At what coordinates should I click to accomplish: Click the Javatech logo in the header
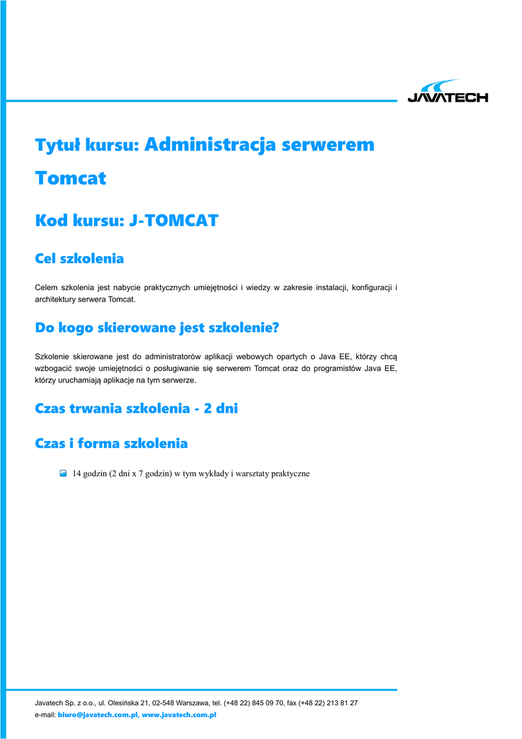click(x=447, y=92)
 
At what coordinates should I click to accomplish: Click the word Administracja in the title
click(x=210, y=144)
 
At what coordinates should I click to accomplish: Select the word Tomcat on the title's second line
click(x=71, y=178)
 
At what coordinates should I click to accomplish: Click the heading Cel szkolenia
click(x=79, y=258)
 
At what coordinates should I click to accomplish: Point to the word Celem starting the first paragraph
click(x=48, y=287)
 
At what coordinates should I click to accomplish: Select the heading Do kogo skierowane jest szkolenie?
click(x=156, y=328)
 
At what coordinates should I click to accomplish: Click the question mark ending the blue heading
click(x=275, y=328)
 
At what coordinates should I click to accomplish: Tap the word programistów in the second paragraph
click(x=332, y=368)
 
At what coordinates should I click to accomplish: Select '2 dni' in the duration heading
click(x=221, y=408)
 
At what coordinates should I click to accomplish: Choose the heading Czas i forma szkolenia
click(x=111, y=443)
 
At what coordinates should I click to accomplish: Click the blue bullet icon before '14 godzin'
click(x=63, y=473)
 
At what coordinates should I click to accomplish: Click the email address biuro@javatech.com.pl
click(x=97, y=714)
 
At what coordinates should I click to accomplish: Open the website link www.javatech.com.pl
click(x=180, y=714)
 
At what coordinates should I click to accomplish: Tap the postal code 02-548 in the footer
click(x=164, y=702)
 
